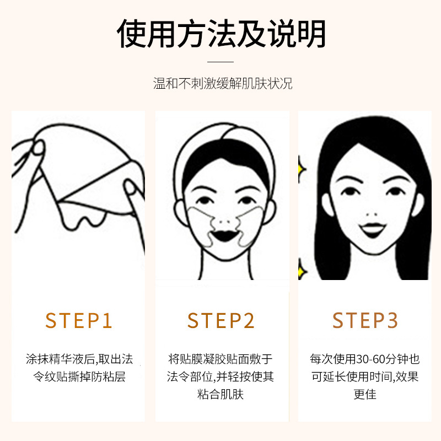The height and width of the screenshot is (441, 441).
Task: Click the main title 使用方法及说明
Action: [221, 34]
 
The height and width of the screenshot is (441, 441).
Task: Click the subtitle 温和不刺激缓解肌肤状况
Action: [223, 84]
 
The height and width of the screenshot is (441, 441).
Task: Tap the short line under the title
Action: [220, 62]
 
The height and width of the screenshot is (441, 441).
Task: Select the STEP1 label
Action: [78, 321]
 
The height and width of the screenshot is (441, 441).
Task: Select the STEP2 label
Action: [221, 321]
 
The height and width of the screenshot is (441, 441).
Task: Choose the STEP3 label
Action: [365, 320]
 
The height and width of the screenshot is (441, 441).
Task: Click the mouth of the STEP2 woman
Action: [224, 236]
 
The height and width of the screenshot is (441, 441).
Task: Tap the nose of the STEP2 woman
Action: [224, 222]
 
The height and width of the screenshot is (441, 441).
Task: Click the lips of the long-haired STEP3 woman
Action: [373, 229]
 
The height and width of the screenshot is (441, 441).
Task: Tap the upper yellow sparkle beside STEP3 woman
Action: [302, 169]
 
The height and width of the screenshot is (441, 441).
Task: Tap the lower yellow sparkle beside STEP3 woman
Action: [302, 271]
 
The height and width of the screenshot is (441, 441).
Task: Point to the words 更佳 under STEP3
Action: [365, 394]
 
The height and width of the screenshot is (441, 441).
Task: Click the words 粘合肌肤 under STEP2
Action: [220, 394]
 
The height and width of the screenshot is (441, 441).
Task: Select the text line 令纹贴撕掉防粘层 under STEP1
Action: [79, 377]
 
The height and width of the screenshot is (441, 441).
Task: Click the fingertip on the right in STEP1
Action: [130, 187]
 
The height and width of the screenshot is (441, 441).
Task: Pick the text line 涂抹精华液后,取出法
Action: [79, 359]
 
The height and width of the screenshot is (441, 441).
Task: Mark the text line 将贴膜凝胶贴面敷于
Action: [220, 359]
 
